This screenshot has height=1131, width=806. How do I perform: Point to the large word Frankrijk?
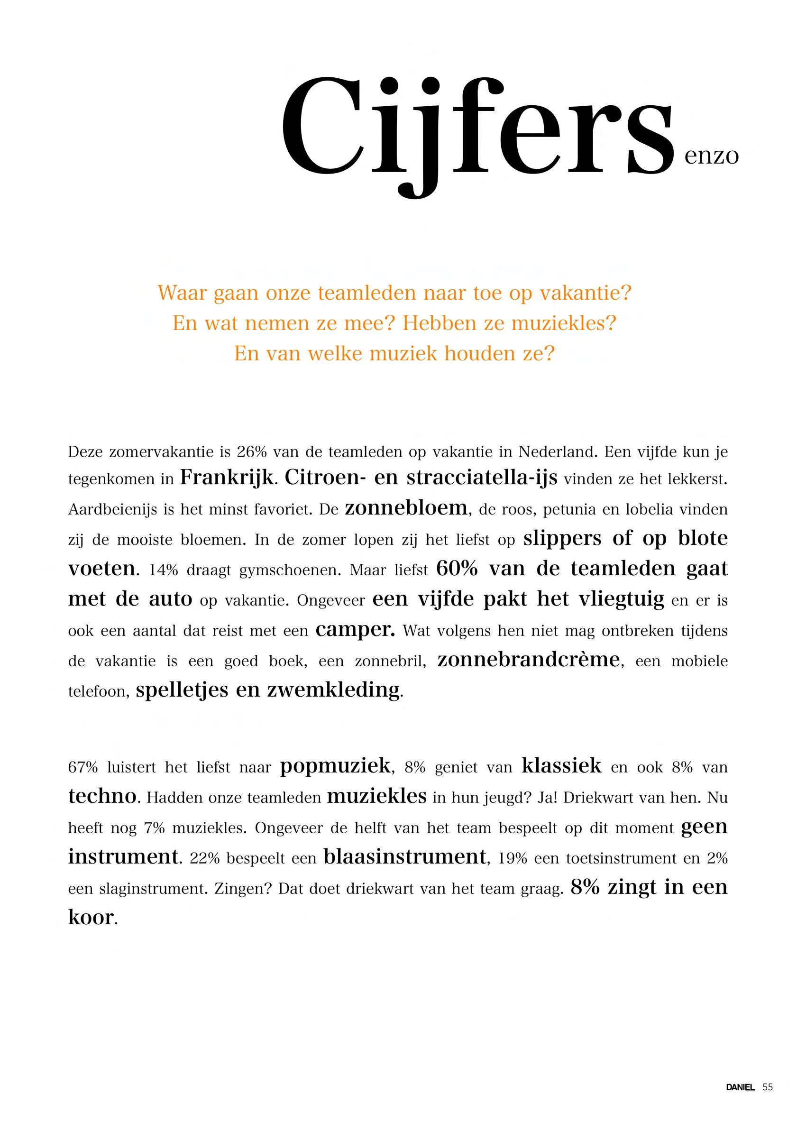point(226,478)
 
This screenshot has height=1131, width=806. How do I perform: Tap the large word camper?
point(355,630)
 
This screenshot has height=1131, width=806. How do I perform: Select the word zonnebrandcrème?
point(529,660)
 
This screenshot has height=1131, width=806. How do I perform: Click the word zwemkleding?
point(333,690)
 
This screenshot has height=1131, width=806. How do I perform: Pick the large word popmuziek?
point(335,767)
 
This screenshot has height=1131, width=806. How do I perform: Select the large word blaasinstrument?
point(404,856)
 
